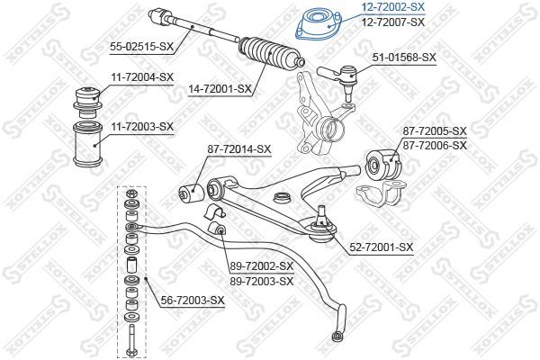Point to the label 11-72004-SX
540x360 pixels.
point(140,77)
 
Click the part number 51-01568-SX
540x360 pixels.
point(404,57)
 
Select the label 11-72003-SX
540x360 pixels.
point(140,127)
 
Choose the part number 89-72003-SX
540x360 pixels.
point(262,281)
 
